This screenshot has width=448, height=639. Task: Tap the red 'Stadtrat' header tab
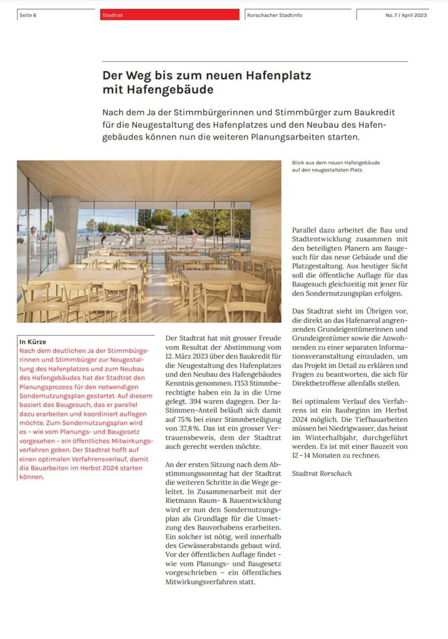tap(112, 15)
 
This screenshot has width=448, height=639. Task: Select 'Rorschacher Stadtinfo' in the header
tap(274, 15)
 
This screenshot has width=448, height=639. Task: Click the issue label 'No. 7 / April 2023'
tap(406, 15)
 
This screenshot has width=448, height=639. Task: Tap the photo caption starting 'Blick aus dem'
tap(335, 162)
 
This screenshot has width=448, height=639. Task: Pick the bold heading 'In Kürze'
tap(32, 342)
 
